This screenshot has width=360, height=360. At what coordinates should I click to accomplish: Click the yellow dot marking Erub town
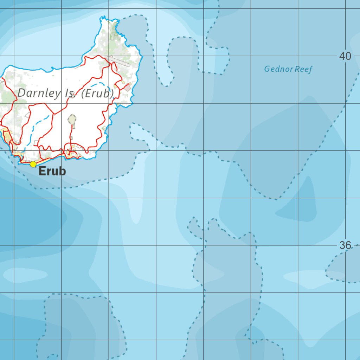tap(33, 164)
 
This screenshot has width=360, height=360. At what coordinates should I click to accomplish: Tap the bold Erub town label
tap(52, 171)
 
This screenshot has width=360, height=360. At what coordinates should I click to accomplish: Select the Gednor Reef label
tap(288, 69)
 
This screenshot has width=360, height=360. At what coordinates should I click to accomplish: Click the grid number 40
tap(345, 56)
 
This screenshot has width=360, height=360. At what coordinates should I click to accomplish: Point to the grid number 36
tap(345, 245)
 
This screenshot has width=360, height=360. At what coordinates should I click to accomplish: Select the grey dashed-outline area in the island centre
tap(72, 119)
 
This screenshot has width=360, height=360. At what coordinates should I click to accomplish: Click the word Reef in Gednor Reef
tap(303, 69)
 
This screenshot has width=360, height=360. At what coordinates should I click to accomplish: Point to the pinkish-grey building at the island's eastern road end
tap(128, 86)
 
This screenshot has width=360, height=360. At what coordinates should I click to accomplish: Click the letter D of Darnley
tap(21, 94)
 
